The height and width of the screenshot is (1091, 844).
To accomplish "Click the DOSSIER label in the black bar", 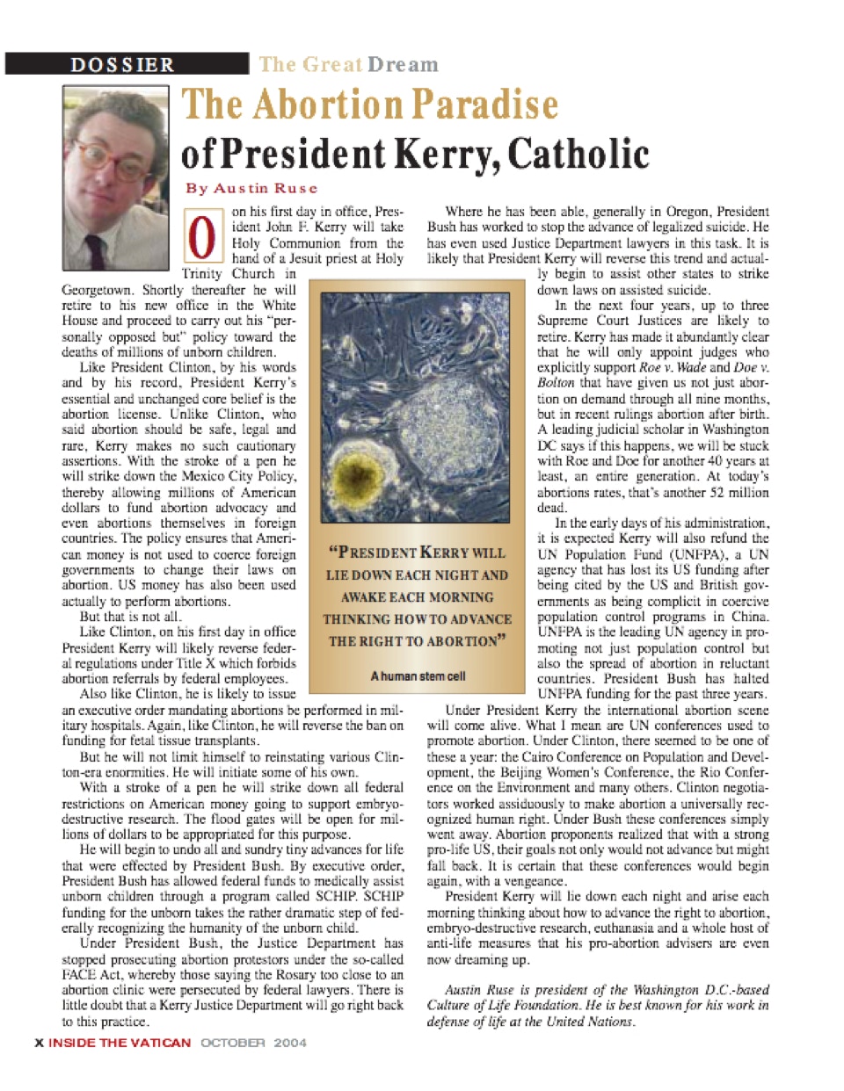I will point(122,64).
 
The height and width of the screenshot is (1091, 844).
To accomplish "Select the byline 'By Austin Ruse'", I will point(251,188).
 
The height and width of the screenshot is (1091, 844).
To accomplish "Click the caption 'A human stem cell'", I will point(417,676).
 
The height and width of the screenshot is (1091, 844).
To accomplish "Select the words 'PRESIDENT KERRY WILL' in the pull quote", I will point(417,553).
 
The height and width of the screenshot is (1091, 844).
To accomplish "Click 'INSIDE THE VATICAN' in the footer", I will point(120,1043).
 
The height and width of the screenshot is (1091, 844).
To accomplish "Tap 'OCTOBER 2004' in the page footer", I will point(254,1043).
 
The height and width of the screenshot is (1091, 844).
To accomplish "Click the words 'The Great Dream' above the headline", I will point(348,64).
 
